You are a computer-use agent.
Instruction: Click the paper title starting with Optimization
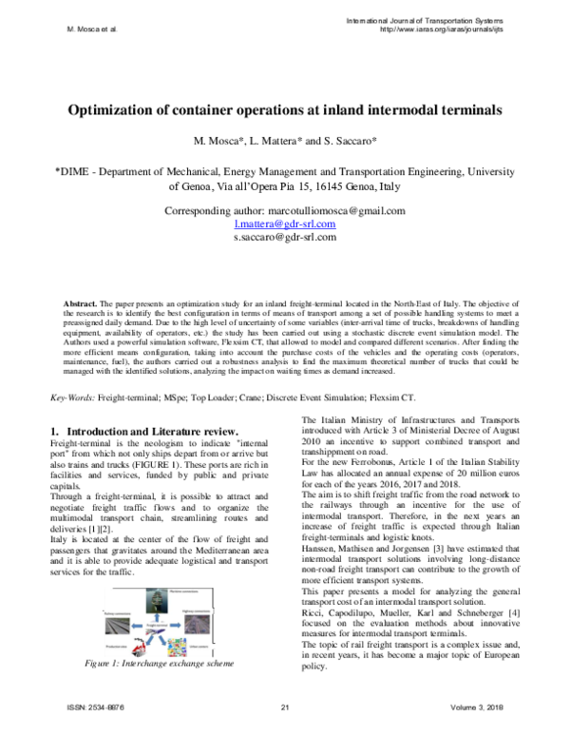(284, 110)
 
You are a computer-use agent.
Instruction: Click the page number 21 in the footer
(284, 720)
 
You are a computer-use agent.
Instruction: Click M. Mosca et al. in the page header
(90, 29)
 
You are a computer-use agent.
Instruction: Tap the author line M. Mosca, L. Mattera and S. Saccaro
(284, 143)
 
